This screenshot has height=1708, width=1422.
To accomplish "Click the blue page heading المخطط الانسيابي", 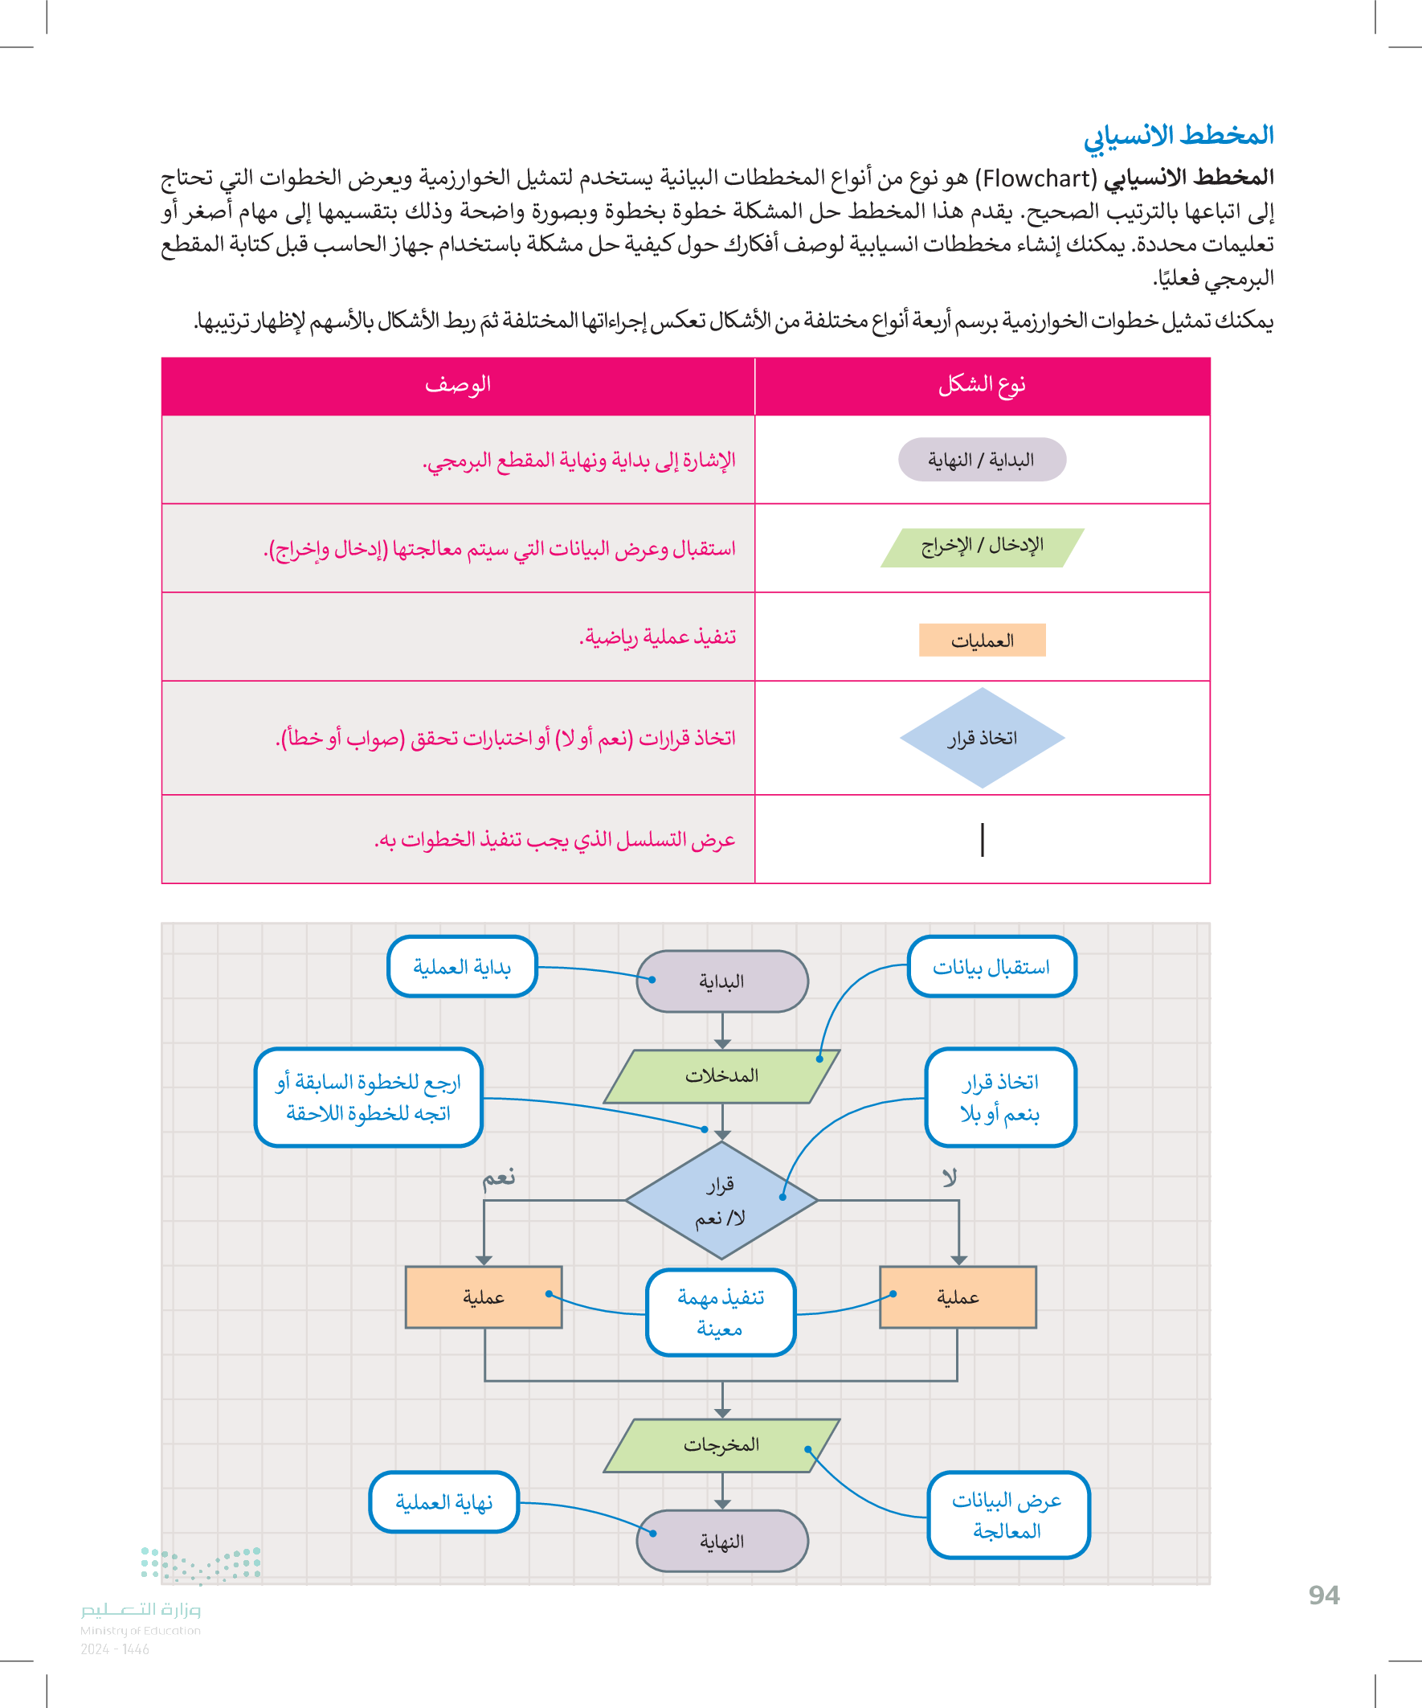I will (x=1178, y=136).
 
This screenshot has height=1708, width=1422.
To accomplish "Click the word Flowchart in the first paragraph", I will (x=1036, y=178).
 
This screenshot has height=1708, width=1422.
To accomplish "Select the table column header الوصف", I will (x=458, y=385).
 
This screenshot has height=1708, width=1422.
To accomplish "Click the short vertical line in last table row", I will (x=983, y=839).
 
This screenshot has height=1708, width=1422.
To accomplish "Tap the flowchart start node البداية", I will (x=722, y=981).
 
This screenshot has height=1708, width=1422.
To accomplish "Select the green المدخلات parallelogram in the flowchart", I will (x=722, y=1076).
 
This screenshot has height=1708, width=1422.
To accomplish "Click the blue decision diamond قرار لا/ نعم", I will (x=722, y=1200).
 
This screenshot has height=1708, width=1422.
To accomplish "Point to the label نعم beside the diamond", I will (x=498, y=1178).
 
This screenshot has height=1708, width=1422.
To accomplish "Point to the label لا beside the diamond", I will (x=949, y=1178).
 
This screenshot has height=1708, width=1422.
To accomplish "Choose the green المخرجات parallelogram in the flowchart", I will (x=722, y=1445).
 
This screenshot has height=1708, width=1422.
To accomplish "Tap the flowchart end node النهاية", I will (x=722, y=1541).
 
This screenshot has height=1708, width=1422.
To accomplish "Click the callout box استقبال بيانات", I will (x=991, y=966).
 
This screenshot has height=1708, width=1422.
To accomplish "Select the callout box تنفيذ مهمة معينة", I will (x=721, y=1312).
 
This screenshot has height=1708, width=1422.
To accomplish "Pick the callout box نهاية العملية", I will (x=444, y=1501).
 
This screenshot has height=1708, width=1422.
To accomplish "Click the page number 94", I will (x=1324, y=1595).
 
